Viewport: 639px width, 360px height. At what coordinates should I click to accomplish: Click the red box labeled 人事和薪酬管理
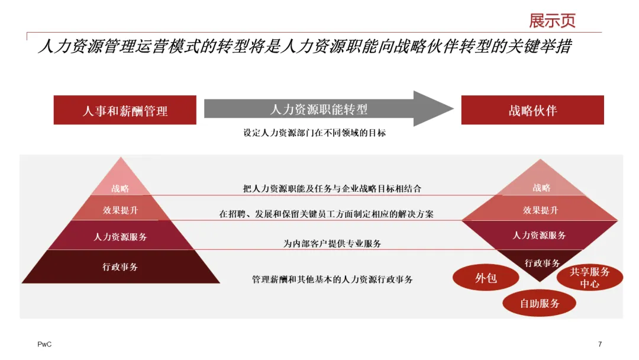125,110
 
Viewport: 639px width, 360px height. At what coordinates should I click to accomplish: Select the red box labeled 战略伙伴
532,110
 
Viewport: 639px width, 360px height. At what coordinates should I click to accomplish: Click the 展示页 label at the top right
552,21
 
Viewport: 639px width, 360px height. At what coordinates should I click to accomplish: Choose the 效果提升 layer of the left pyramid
120,210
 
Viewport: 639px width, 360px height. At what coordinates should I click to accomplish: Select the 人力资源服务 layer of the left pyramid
120,236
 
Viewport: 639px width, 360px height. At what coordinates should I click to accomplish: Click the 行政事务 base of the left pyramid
120,267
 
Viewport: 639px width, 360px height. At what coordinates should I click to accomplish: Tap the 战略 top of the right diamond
541,186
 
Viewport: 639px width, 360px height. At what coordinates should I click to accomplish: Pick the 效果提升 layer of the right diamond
540,210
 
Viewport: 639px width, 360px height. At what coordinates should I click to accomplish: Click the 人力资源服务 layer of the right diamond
539,235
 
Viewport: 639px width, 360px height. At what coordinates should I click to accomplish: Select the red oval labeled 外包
486,278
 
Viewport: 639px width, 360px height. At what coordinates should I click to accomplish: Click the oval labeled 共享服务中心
589,278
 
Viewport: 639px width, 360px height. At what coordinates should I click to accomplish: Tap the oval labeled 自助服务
539,304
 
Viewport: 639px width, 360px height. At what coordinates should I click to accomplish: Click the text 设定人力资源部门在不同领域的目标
314,133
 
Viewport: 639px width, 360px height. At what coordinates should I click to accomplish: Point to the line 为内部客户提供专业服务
332,243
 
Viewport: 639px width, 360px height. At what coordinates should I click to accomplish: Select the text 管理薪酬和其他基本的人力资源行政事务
332,279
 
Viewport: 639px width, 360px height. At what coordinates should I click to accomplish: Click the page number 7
600,345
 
